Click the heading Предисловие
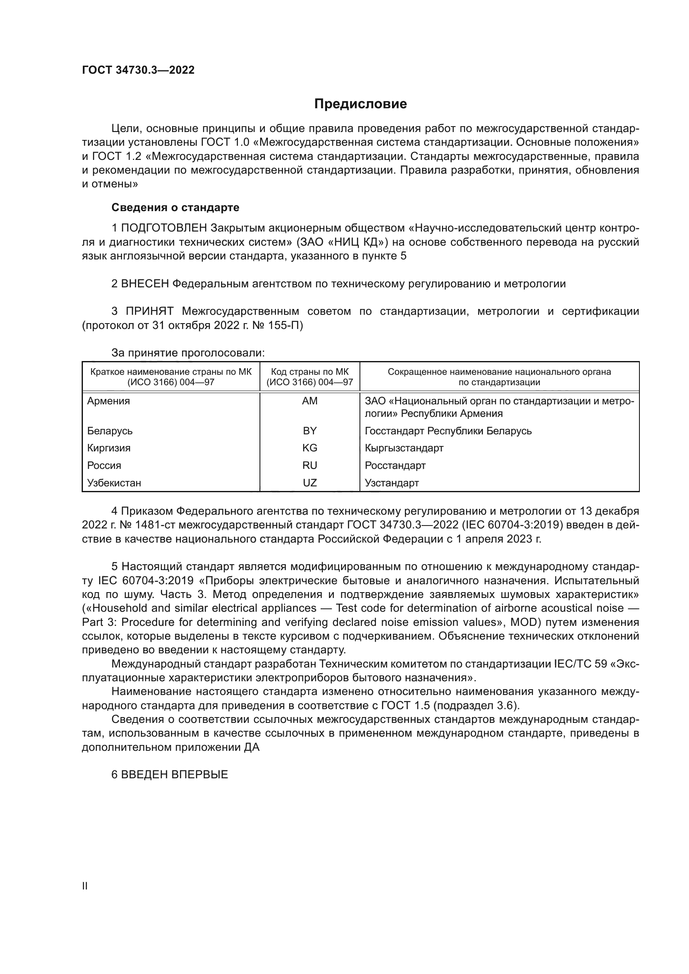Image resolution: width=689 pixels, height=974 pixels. pos(360,104)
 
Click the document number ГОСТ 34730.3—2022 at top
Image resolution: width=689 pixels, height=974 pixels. pos(138,70)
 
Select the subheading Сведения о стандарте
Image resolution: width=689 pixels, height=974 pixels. pos(175,207)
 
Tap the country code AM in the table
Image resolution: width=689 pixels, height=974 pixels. pos(310,401)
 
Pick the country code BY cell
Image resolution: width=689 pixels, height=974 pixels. pos(310,431)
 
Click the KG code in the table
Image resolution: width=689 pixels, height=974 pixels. pos(310,448)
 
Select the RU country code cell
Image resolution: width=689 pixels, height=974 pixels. pos(310,466)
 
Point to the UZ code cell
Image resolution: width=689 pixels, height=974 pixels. pos(310,483)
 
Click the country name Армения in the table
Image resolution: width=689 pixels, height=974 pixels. pos(109,401)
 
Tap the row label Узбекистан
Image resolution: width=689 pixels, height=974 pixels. pos(114,483)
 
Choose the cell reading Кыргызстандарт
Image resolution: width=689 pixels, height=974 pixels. pos(404,448)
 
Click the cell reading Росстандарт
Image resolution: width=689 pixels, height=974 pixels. pos(395,466)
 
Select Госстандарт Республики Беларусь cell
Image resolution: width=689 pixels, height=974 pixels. pos(448,431)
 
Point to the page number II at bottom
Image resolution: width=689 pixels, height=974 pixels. pos(85,886)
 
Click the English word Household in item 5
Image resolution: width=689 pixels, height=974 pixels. pos(119,608)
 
